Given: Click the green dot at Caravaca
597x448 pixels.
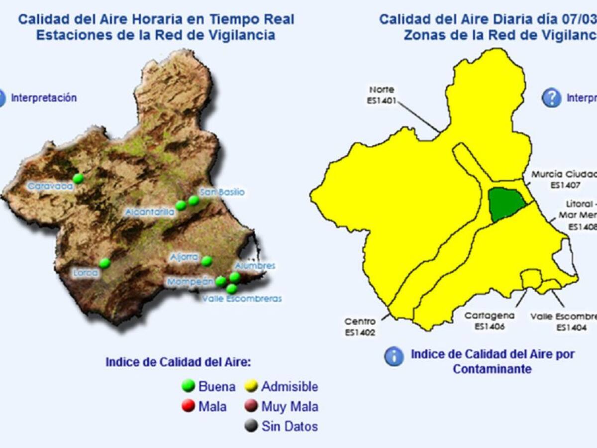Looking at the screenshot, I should point(78,178).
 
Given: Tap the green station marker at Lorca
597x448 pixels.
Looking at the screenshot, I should point(104,263).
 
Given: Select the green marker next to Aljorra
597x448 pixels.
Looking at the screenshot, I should point(207,261).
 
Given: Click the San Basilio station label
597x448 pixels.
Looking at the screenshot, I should point(222,192).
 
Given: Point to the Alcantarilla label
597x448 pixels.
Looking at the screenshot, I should point(150,213).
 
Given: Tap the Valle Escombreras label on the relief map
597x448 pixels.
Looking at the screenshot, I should point(242,299).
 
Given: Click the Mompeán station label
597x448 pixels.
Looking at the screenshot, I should point(191,282).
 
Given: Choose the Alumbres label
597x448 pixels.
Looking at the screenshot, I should point(255,266).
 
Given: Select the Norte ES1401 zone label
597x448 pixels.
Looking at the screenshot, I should point(382,95).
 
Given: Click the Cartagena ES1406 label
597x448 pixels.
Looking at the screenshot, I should point(490,321).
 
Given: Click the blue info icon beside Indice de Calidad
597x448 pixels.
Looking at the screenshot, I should point(394,356).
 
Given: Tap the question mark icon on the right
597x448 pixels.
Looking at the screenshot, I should point(551,98).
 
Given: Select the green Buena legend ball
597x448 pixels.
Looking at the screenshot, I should point(188,386).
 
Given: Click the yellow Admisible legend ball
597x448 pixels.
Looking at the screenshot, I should point(251,386).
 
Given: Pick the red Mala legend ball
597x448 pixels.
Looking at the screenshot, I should point(188,406).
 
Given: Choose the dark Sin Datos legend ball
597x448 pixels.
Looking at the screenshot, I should point(251,426).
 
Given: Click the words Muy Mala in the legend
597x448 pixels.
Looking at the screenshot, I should point(290,407).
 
